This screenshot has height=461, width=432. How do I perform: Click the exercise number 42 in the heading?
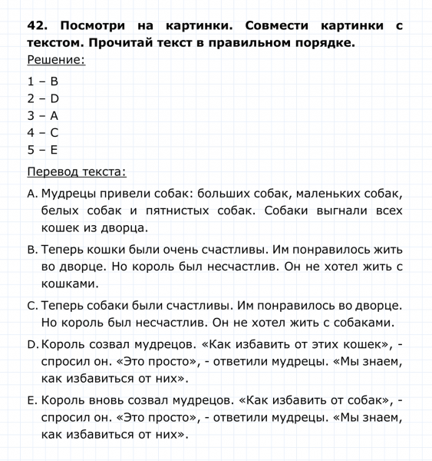pos(38,25)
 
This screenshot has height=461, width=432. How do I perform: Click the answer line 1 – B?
pos(43,81)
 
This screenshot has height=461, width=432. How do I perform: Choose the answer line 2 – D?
pos(43,98)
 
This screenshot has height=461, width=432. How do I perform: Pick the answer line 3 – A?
pos(43,116)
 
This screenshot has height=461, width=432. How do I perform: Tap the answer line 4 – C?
pos(43,134)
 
